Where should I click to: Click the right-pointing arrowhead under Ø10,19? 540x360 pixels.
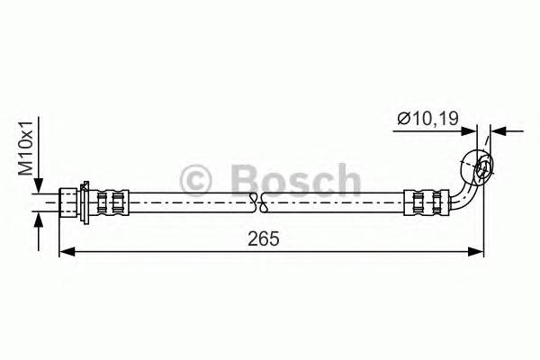point(471,131)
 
